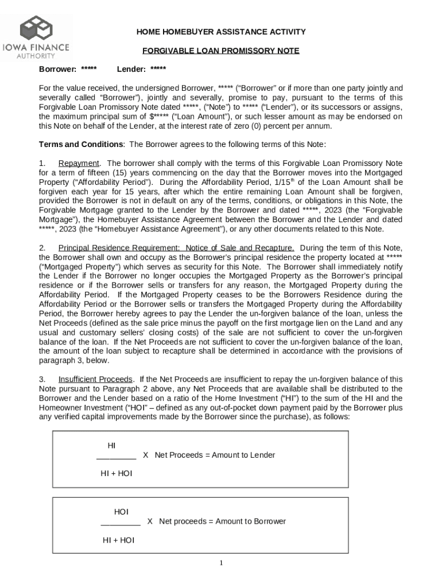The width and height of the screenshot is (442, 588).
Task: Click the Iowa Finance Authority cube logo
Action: (x=36, y=28)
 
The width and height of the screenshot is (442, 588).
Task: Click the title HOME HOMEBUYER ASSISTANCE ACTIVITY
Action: (x=220, y=32)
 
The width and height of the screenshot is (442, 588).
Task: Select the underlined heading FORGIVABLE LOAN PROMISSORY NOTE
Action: (x=221, y=51)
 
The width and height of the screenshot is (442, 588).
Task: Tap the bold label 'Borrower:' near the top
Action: (x=57, y=69)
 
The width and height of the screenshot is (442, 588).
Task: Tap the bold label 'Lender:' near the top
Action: (x=131, y=69)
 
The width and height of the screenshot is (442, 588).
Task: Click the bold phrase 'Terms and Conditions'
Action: (x=80, y=144)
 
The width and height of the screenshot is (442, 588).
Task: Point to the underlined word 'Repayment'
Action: (x=79, y=163)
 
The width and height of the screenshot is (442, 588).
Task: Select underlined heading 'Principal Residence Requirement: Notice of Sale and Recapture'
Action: (x=176, y=248)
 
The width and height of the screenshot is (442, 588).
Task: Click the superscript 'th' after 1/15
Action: (x=293, y=180)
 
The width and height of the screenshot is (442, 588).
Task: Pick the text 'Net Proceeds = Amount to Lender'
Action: (x=215, y=455)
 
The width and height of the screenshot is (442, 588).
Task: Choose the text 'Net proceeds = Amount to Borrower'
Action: (x=222, y=521)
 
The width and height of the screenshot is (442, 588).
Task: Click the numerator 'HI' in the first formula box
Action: (x=111, y=446)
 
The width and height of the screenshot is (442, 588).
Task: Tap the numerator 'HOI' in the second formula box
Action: (x=121, y=512)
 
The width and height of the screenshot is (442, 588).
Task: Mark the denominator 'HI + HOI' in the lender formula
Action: (x=117, y=474)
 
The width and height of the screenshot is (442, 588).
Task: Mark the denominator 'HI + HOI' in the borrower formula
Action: (x=119, y=540)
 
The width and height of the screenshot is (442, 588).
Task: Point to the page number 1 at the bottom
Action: (x=221, y=563)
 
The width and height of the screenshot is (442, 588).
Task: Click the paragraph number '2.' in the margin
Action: (x=42, y=248)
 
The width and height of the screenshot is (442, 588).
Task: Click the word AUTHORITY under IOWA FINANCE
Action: (x=36, y=56)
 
